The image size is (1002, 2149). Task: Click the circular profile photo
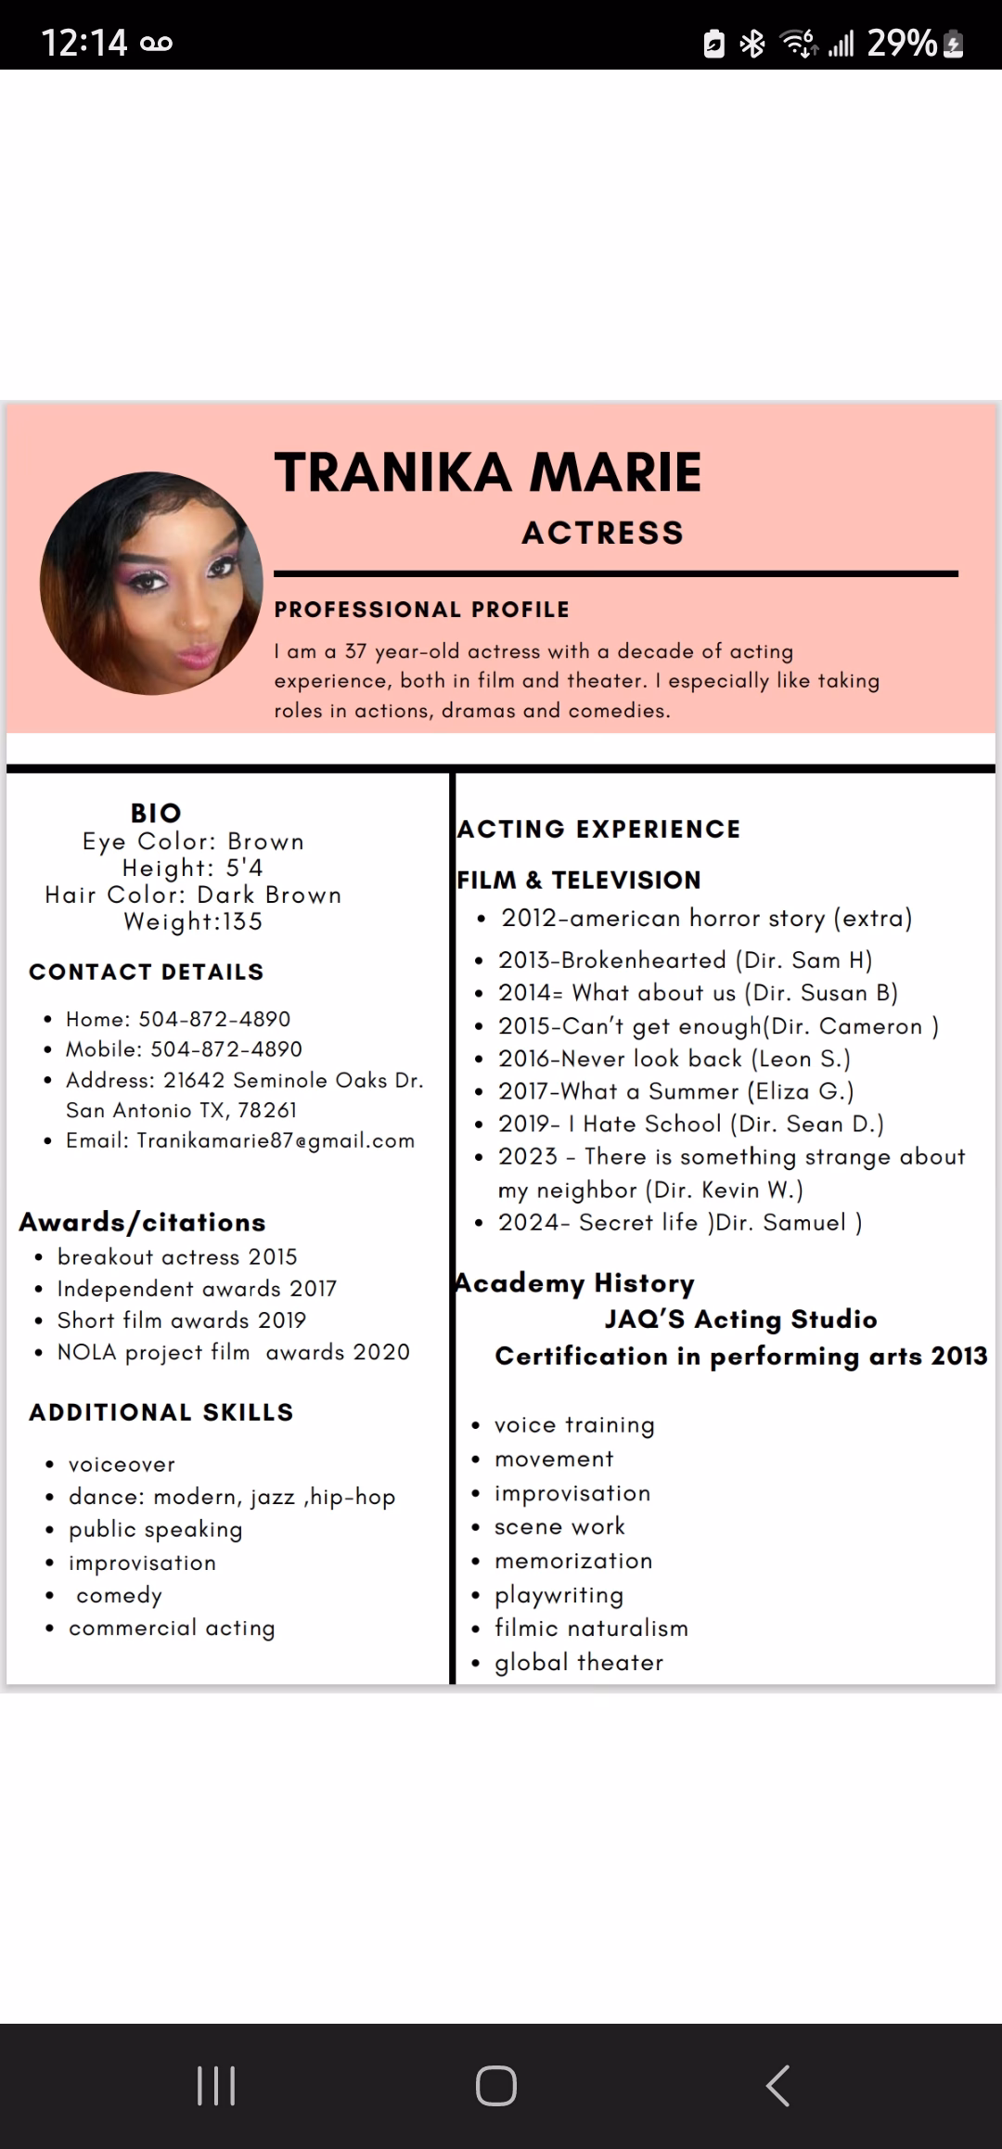151,584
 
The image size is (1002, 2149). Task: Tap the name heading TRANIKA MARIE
488,471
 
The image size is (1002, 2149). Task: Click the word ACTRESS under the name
603,533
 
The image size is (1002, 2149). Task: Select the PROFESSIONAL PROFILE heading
422,610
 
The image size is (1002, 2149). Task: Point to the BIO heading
156,813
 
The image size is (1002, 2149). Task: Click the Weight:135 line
193,921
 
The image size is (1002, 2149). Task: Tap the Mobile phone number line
184,1049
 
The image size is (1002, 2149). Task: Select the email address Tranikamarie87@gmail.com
275,1140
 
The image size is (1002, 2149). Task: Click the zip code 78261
267,1110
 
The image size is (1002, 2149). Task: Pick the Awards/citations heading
142,1222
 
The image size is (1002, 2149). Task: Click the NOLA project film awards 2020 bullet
233,1352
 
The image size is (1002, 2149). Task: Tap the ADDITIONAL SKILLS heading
161,1412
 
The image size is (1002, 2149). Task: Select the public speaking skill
155,1529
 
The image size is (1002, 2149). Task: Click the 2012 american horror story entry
706,919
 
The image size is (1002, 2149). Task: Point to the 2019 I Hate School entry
690,1124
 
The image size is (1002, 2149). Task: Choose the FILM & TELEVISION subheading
579,880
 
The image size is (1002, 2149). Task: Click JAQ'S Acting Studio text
740,1319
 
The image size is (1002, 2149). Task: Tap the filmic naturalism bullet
591,1628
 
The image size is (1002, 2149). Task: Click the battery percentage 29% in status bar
902,43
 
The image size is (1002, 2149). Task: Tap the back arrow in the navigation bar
777,2086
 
